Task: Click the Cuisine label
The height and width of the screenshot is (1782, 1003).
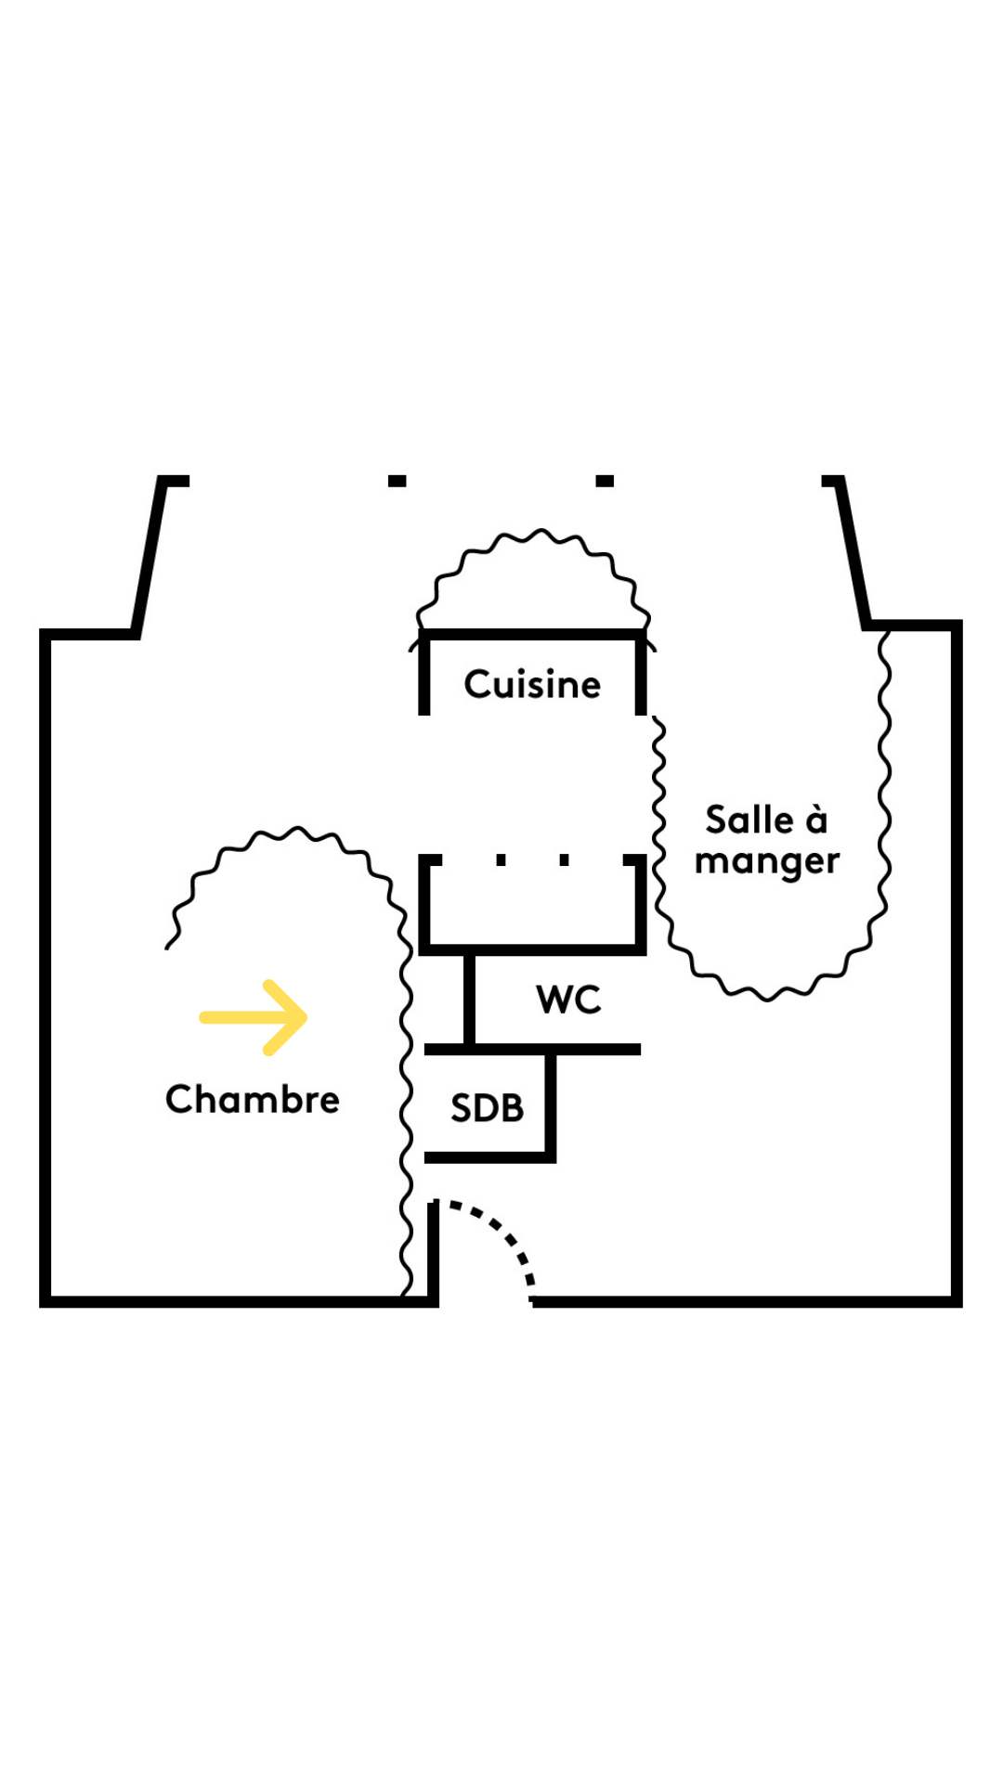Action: tap(532, 685)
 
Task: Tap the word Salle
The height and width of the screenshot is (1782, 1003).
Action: tap(749, 820)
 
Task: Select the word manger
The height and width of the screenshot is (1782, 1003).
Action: tap(766, 861)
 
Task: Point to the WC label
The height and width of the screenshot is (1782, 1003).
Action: tap(568, 1000)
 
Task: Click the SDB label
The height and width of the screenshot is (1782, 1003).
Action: tap(487, 1108)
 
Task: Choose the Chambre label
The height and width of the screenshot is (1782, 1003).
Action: tap(253, 1100)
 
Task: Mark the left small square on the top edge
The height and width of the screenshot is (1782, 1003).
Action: tap(397, 481)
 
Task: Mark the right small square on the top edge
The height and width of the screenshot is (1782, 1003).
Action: tap(605, 481)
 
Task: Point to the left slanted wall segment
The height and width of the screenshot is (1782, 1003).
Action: tap(150, 557)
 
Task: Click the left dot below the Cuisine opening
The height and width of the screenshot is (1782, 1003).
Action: tap(501, 860)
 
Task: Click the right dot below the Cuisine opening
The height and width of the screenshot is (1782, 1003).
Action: tap(564, 860)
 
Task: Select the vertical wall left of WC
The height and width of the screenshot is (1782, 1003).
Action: tap(469, 1000)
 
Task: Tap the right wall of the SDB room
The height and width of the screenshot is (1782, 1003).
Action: tap(550, 1104)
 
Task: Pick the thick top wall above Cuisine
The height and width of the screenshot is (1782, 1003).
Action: tap(532, 635)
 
